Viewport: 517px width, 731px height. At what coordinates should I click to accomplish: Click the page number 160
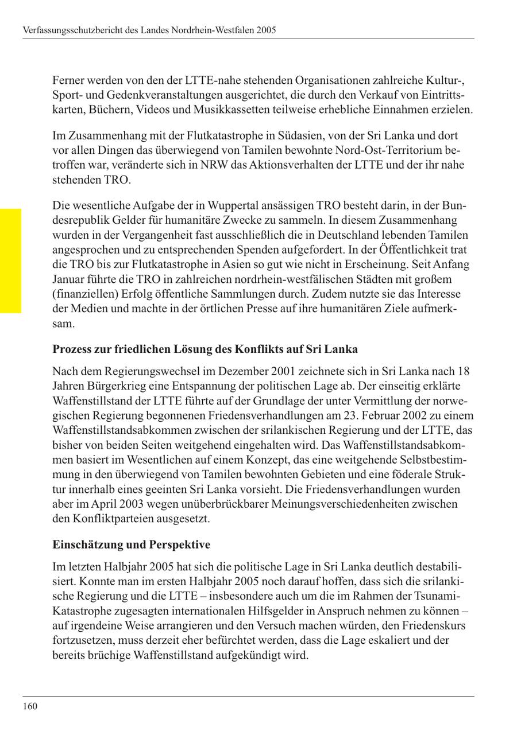click(30, 706)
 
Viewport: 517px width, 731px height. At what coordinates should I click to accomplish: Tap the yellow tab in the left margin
click(10, 260)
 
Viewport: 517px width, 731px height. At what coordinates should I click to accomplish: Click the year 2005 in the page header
click(265, 29)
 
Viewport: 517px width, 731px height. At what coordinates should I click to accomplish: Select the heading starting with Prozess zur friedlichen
click(205, 349)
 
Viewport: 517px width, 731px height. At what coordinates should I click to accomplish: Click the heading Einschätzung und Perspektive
click(131, 544)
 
